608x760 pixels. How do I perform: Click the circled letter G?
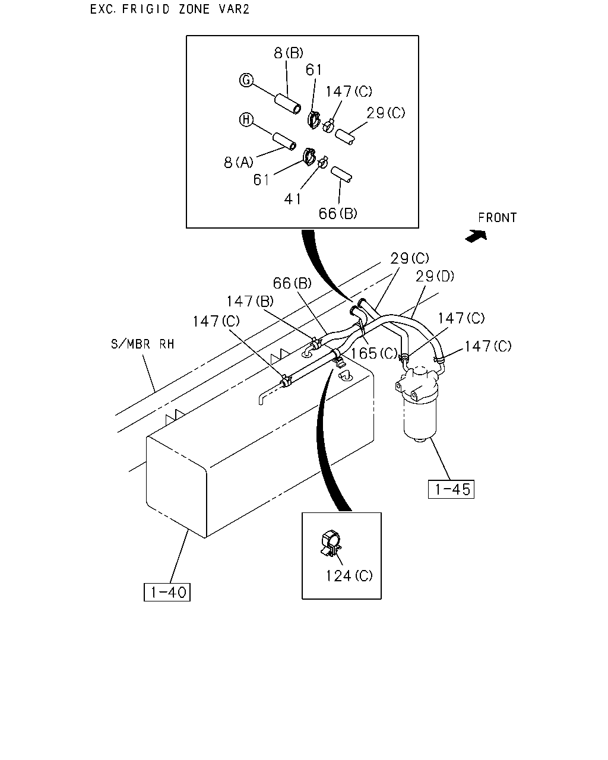[246, 80]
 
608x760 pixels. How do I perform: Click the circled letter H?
[246, 120]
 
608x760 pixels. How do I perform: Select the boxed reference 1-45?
[451, 489]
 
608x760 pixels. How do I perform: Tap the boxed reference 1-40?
[167, 592]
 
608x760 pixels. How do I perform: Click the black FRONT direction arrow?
[476, 236]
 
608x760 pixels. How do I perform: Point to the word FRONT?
[497, 217]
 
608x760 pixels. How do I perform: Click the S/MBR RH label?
[142, 344]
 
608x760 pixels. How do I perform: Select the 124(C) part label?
[349, 576]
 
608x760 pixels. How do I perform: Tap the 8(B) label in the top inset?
[289, 53]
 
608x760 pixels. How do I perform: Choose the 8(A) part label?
[239, 163]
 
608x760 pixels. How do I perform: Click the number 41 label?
[293, 199]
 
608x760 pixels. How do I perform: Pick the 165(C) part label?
[374, 353]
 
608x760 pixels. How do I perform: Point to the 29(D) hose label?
[435, 276]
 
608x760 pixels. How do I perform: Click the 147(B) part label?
[250, 301]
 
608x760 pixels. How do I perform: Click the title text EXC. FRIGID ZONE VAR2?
[170, 9]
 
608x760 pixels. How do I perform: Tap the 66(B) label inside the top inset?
[338, 213]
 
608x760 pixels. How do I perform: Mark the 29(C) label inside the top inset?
[385, 113]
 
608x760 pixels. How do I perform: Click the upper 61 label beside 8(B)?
[313, 70]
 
